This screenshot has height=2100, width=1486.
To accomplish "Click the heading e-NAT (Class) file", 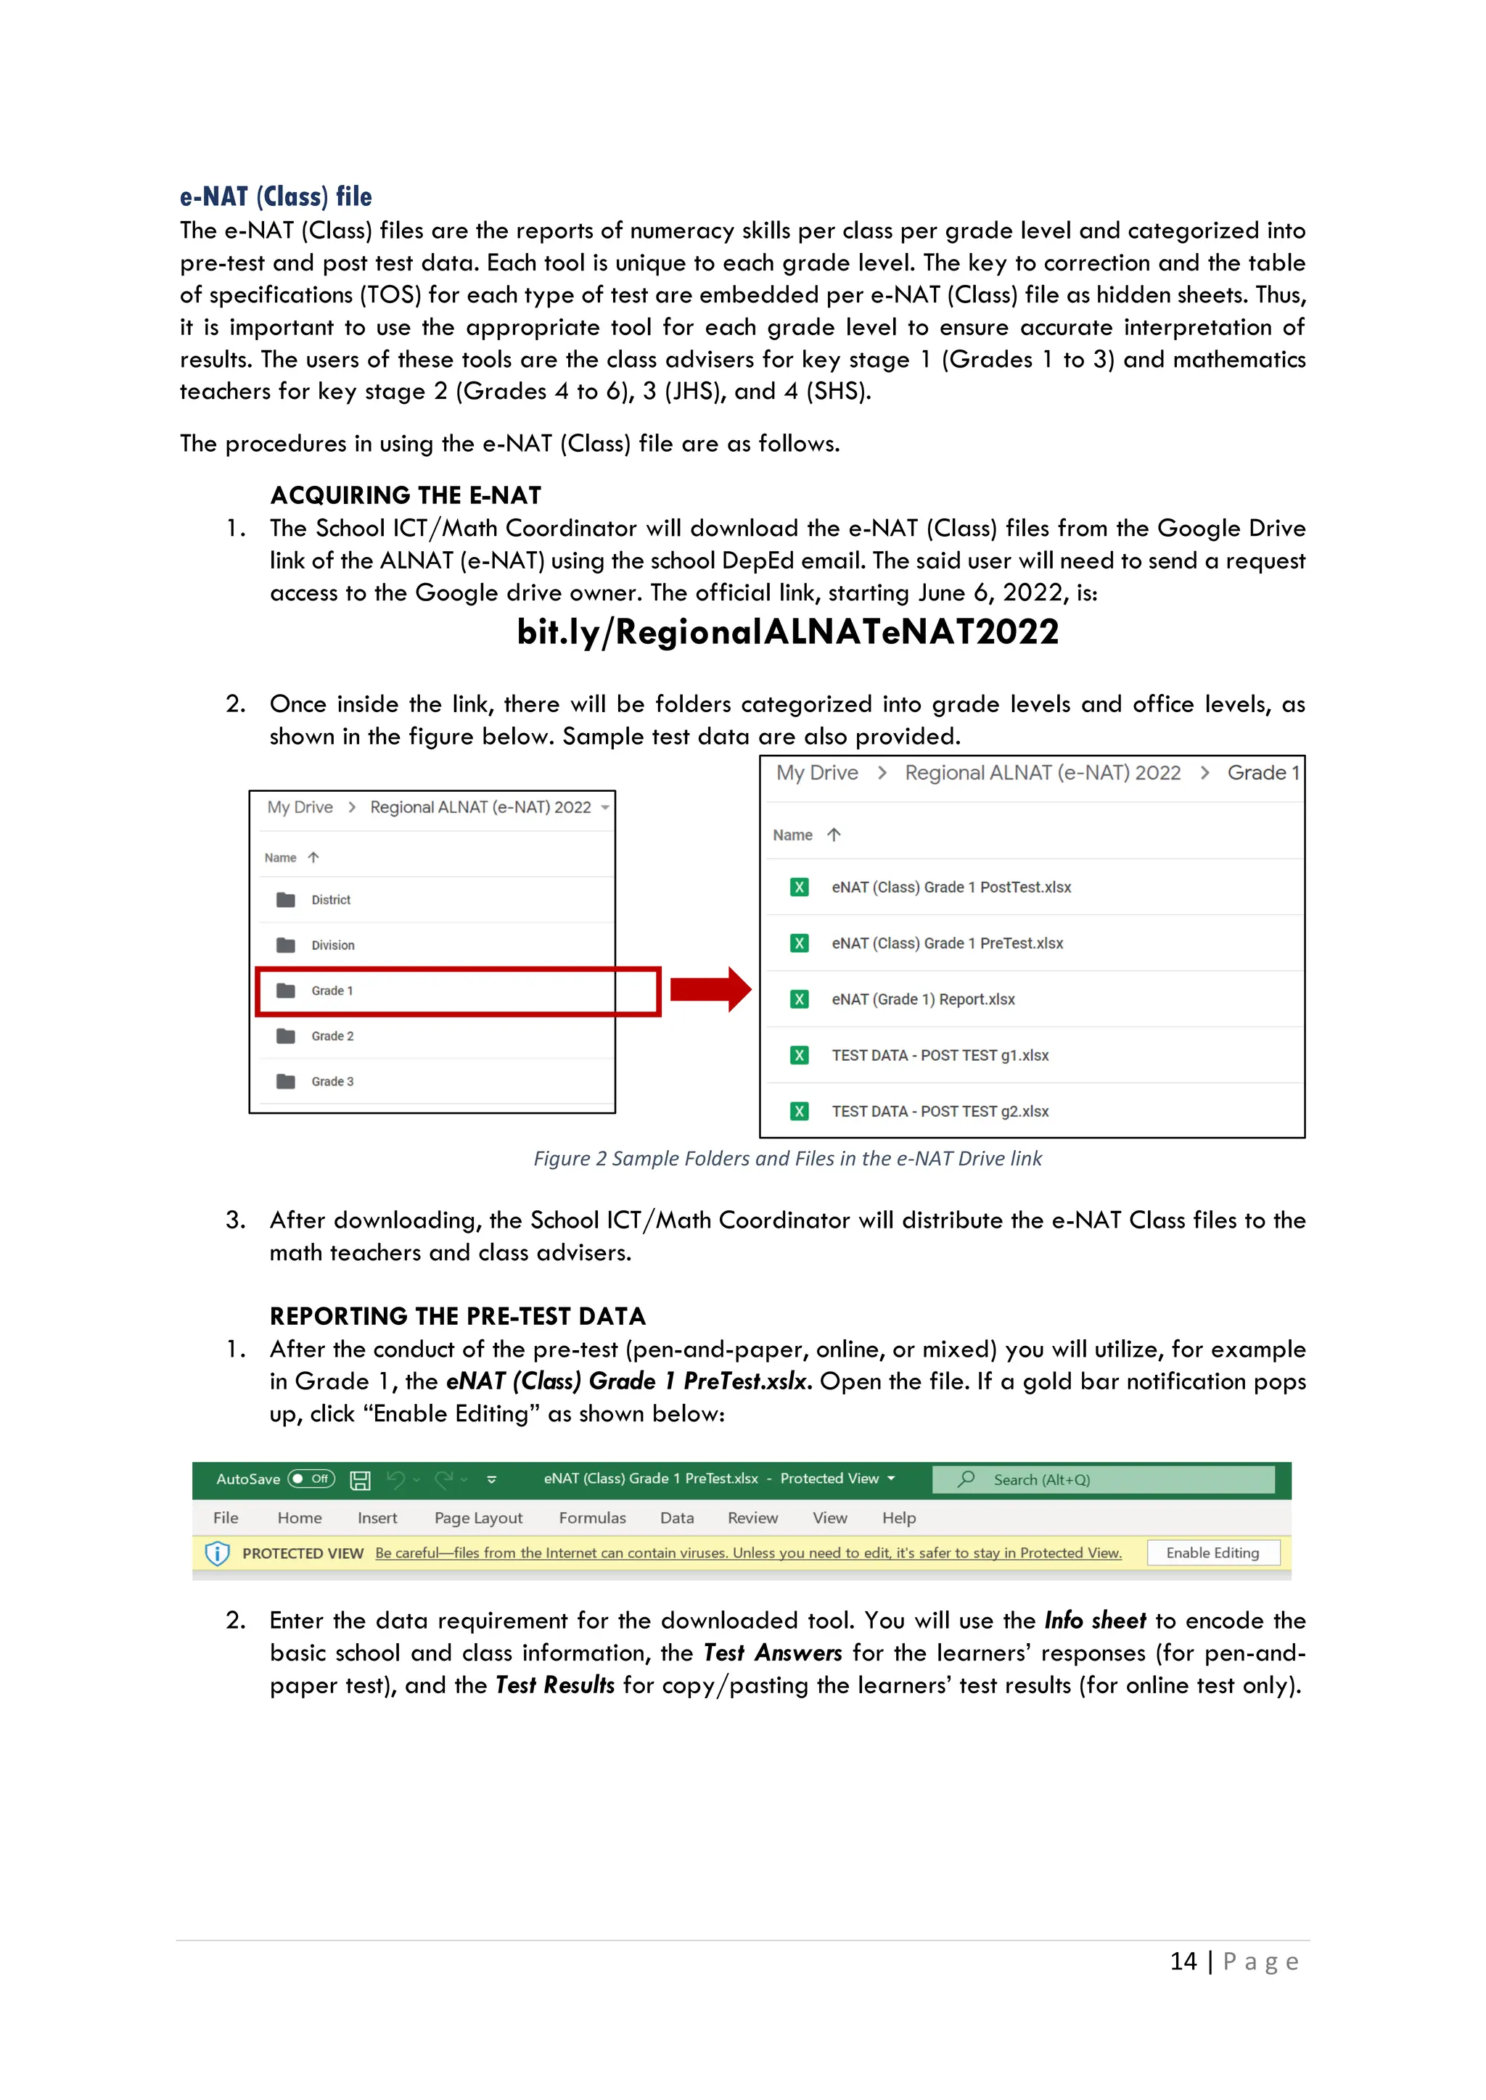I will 276,197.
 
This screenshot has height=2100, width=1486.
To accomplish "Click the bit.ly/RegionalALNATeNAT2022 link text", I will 787,632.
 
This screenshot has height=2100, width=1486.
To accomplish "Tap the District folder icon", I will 285,900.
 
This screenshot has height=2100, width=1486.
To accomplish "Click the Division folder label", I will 332,945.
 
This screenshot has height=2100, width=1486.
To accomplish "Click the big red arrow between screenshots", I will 710,990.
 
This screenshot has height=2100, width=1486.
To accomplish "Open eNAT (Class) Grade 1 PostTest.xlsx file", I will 951,887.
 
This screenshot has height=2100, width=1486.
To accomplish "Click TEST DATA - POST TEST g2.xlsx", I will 940,1112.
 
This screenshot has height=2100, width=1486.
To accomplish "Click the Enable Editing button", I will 1212,1553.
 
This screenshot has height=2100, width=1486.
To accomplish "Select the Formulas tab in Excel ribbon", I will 592,1518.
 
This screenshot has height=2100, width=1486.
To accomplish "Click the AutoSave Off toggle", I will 311,1479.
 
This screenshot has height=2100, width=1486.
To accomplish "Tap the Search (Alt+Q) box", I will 1103,1480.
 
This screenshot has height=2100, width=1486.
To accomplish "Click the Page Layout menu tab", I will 477,1518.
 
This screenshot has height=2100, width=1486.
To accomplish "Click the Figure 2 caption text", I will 787,1159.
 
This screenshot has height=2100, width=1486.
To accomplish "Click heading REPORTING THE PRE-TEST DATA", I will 458,1316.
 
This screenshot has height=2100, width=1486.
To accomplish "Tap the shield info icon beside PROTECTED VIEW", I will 217,1553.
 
